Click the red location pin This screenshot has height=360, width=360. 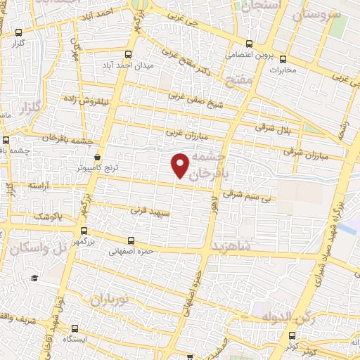point(181,165)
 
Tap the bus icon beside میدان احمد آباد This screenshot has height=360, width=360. point(127,53)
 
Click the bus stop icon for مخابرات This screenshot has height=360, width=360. point(283,59)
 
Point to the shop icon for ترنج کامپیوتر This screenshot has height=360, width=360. point(97,157)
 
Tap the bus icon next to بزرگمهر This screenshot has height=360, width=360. point(84,231)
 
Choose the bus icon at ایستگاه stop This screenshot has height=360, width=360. point(75,328)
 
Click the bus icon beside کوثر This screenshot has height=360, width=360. point(292,336)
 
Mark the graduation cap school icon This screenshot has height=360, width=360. point(34,278)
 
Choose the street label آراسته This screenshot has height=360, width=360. point(41,184)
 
